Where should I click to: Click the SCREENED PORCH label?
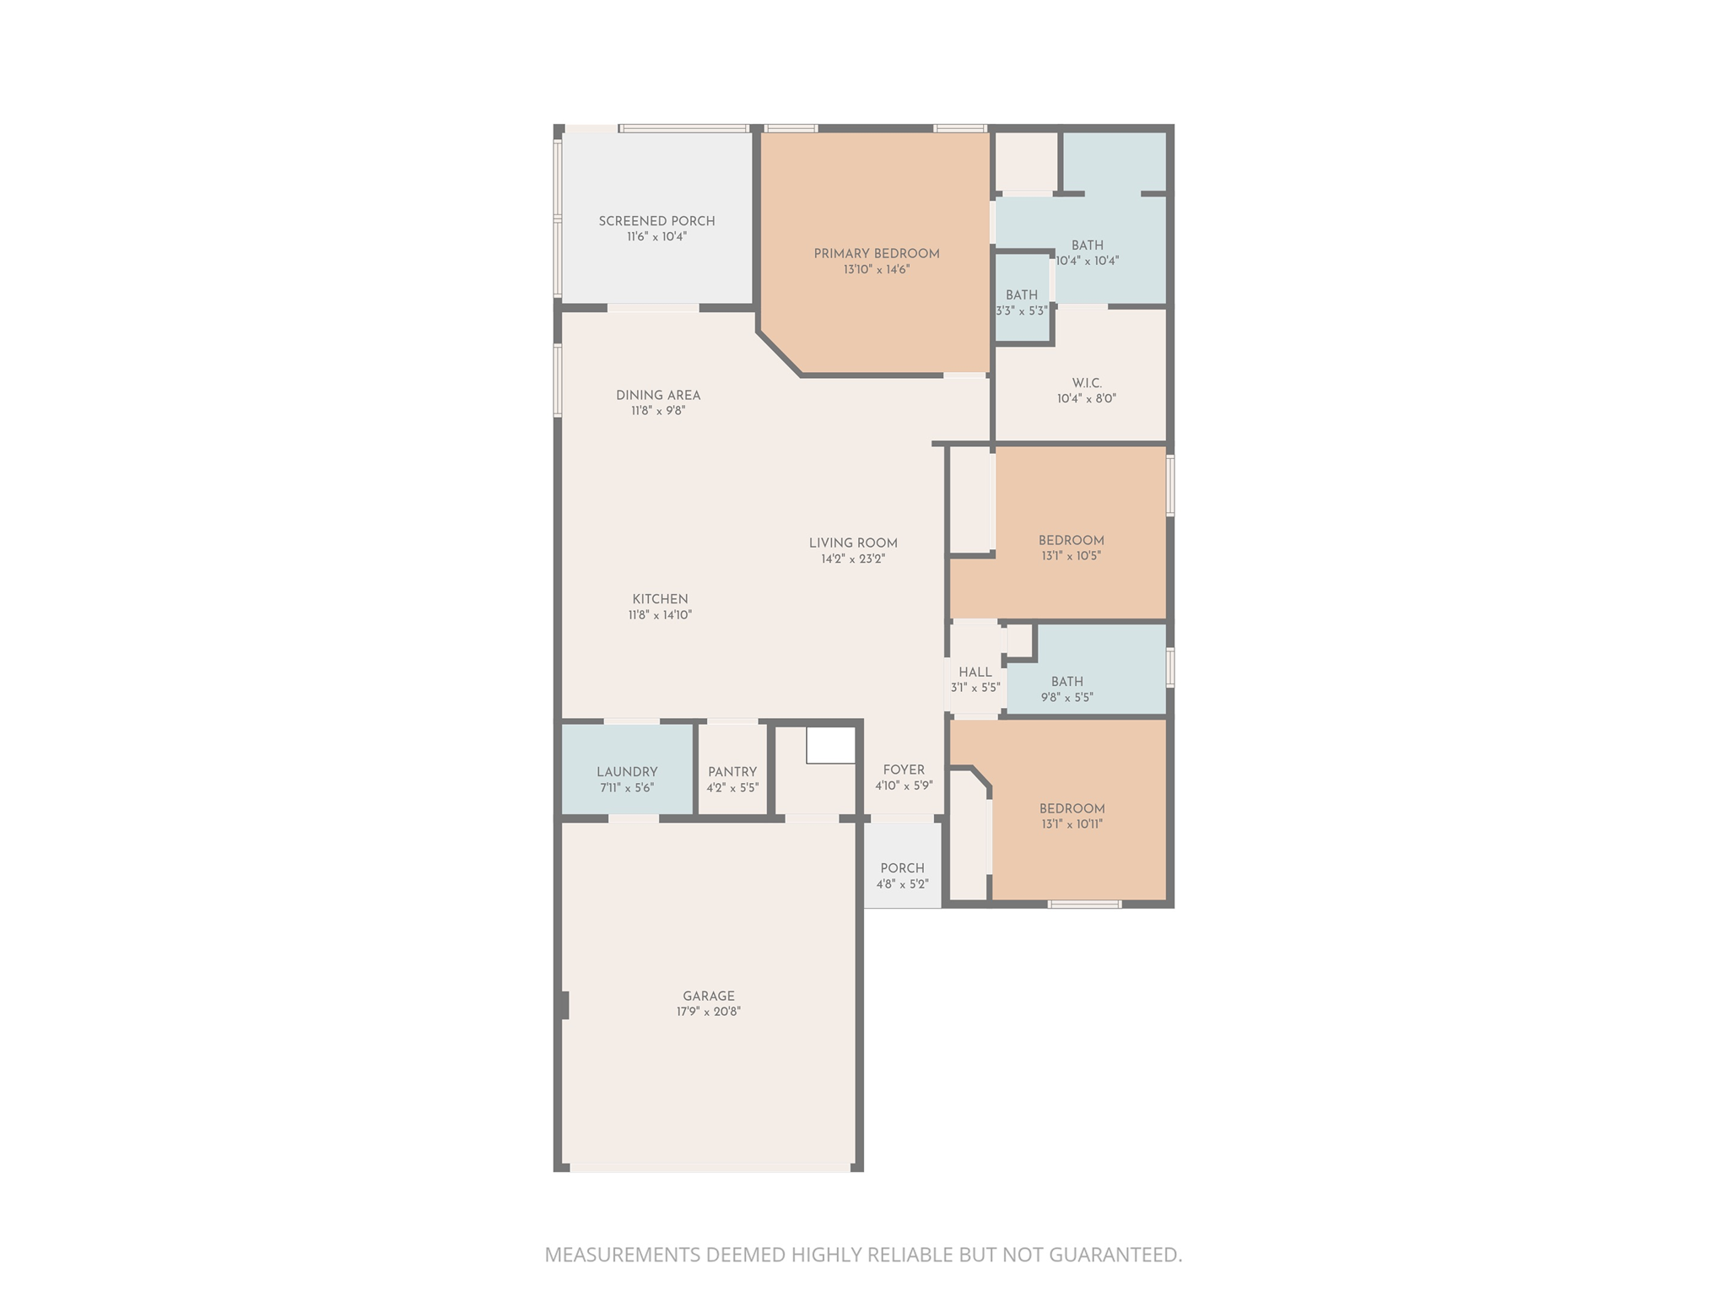tap(656, 221)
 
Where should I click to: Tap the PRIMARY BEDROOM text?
tap(876, 254)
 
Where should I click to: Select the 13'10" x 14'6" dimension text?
tap(876, 270)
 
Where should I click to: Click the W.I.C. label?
tap(1087, 383)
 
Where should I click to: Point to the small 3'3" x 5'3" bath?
tap(1022, 301)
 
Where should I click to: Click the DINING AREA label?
tap(658, 395)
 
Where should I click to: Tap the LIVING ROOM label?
tap(853, 543)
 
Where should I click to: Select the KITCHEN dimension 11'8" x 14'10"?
tap(660, 615)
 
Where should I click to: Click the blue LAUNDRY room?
tap(627, 769)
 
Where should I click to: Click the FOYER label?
tap(904, 769)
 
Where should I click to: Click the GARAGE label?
tap(709, 996)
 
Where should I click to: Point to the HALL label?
tap(975, 672)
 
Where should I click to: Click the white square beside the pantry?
tap(831, 746)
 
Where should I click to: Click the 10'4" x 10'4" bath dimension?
tap(1088, 262)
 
